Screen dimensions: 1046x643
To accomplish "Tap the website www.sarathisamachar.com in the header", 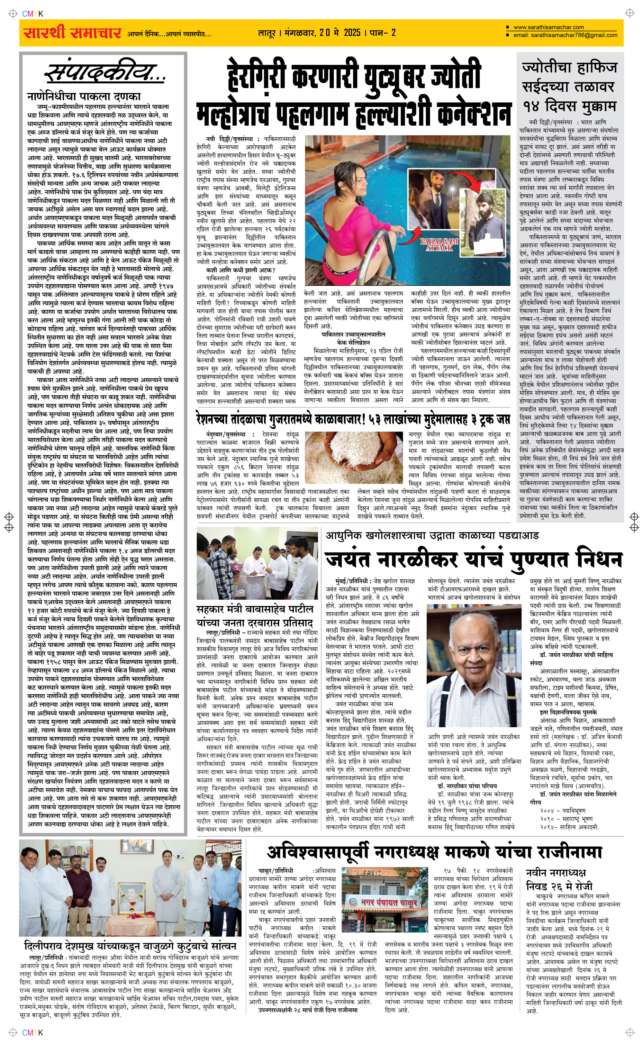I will point(548,27).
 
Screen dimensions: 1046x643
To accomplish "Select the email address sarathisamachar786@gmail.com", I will point(565,35).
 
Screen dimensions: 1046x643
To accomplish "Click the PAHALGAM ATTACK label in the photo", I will point(439,244).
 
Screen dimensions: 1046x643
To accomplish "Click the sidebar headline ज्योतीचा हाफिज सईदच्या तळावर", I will point(569,77).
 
